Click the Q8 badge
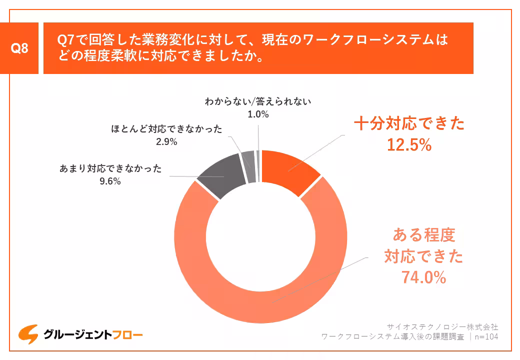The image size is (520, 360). [x=19, y=48]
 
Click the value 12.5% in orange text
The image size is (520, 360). [x=409, y=145]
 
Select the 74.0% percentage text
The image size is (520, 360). [x=423, y=277]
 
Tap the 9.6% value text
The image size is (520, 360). [x=110, y=181]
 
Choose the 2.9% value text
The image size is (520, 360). [x=166, y=141]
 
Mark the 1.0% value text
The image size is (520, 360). [x=258, y=114]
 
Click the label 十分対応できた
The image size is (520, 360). [x=409, y=124]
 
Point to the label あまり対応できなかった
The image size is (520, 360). [x=110, y=168]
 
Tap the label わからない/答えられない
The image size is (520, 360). [x=258, y=101]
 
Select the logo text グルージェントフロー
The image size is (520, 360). [x=93, y=334]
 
